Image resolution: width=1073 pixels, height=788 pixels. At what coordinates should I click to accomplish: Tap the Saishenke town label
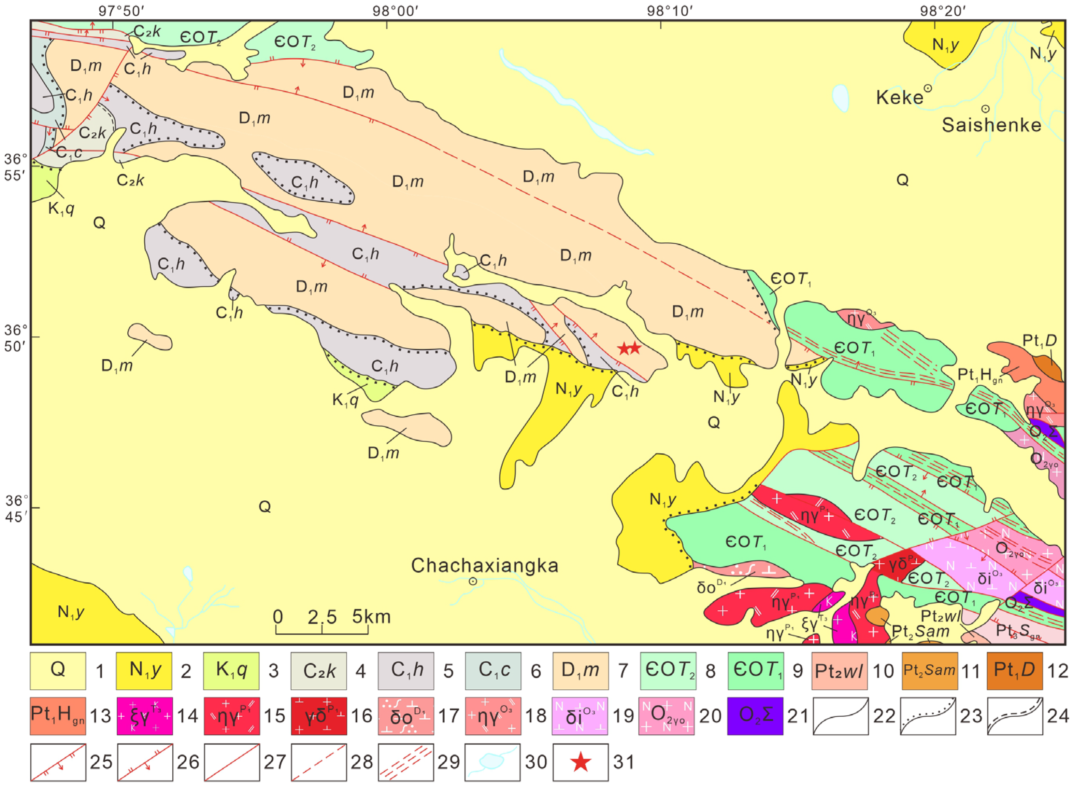(x=991, y=125)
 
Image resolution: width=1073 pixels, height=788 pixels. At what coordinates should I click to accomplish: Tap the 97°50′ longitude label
(x=121, y=11)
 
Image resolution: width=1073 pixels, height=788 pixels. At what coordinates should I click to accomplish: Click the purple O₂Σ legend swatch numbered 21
(x=755, y=716)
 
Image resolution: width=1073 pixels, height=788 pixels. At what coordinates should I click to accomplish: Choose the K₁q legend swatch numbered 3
(x=231, y=671)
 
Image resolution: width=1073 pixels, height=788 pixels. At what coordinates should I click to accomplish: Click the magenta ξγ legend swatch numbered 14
(x=144, y=716)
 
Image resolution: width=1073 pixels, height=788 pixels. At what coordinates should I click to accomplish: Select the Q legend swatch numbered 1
(x=58, y=671)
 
